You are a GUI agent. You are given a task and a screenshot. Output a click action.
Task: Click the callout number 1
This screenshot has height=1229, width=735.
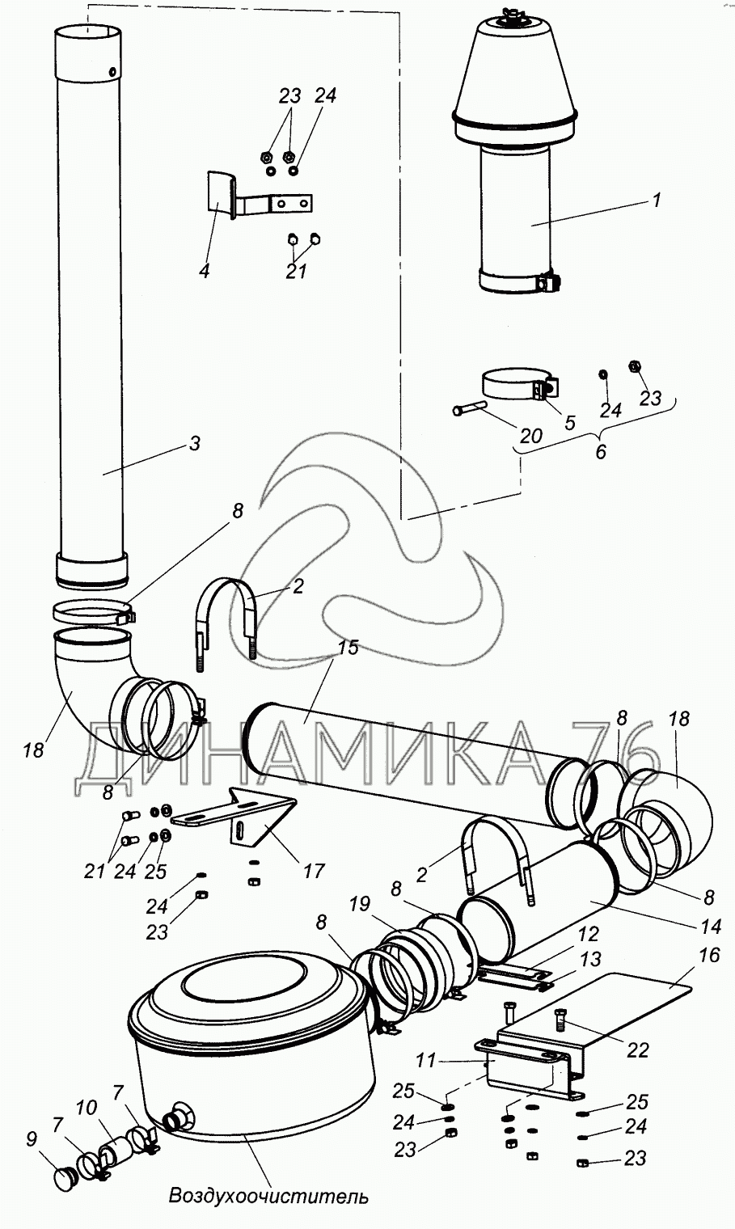point(657,199)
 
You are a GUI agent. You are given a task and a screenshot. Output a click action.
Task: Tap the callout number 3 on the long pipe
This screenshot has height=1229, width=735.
point(193,443)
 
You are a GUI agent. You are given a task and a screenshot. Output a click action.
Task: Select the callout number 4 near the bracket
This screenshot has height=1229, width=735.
point(204,271)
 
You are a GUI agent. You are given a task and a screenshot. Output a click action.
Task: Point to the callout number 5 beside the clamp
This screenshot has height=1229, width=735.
point(571,421)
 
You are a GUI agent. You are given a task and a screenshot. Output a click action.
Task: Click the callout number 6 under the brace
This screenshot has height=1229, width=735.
point(600,452)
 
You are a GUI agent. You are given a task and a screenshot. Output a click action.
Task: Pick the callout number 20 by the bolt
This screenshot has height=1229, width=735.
point(530,435)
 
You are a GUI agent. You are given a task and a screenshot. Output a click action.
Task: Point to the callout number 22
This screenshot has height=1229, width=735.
point(638,1050)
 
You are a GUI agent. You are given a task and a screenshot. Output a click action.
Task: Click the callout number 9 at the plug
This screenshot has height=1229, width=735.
point(32,1139)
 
